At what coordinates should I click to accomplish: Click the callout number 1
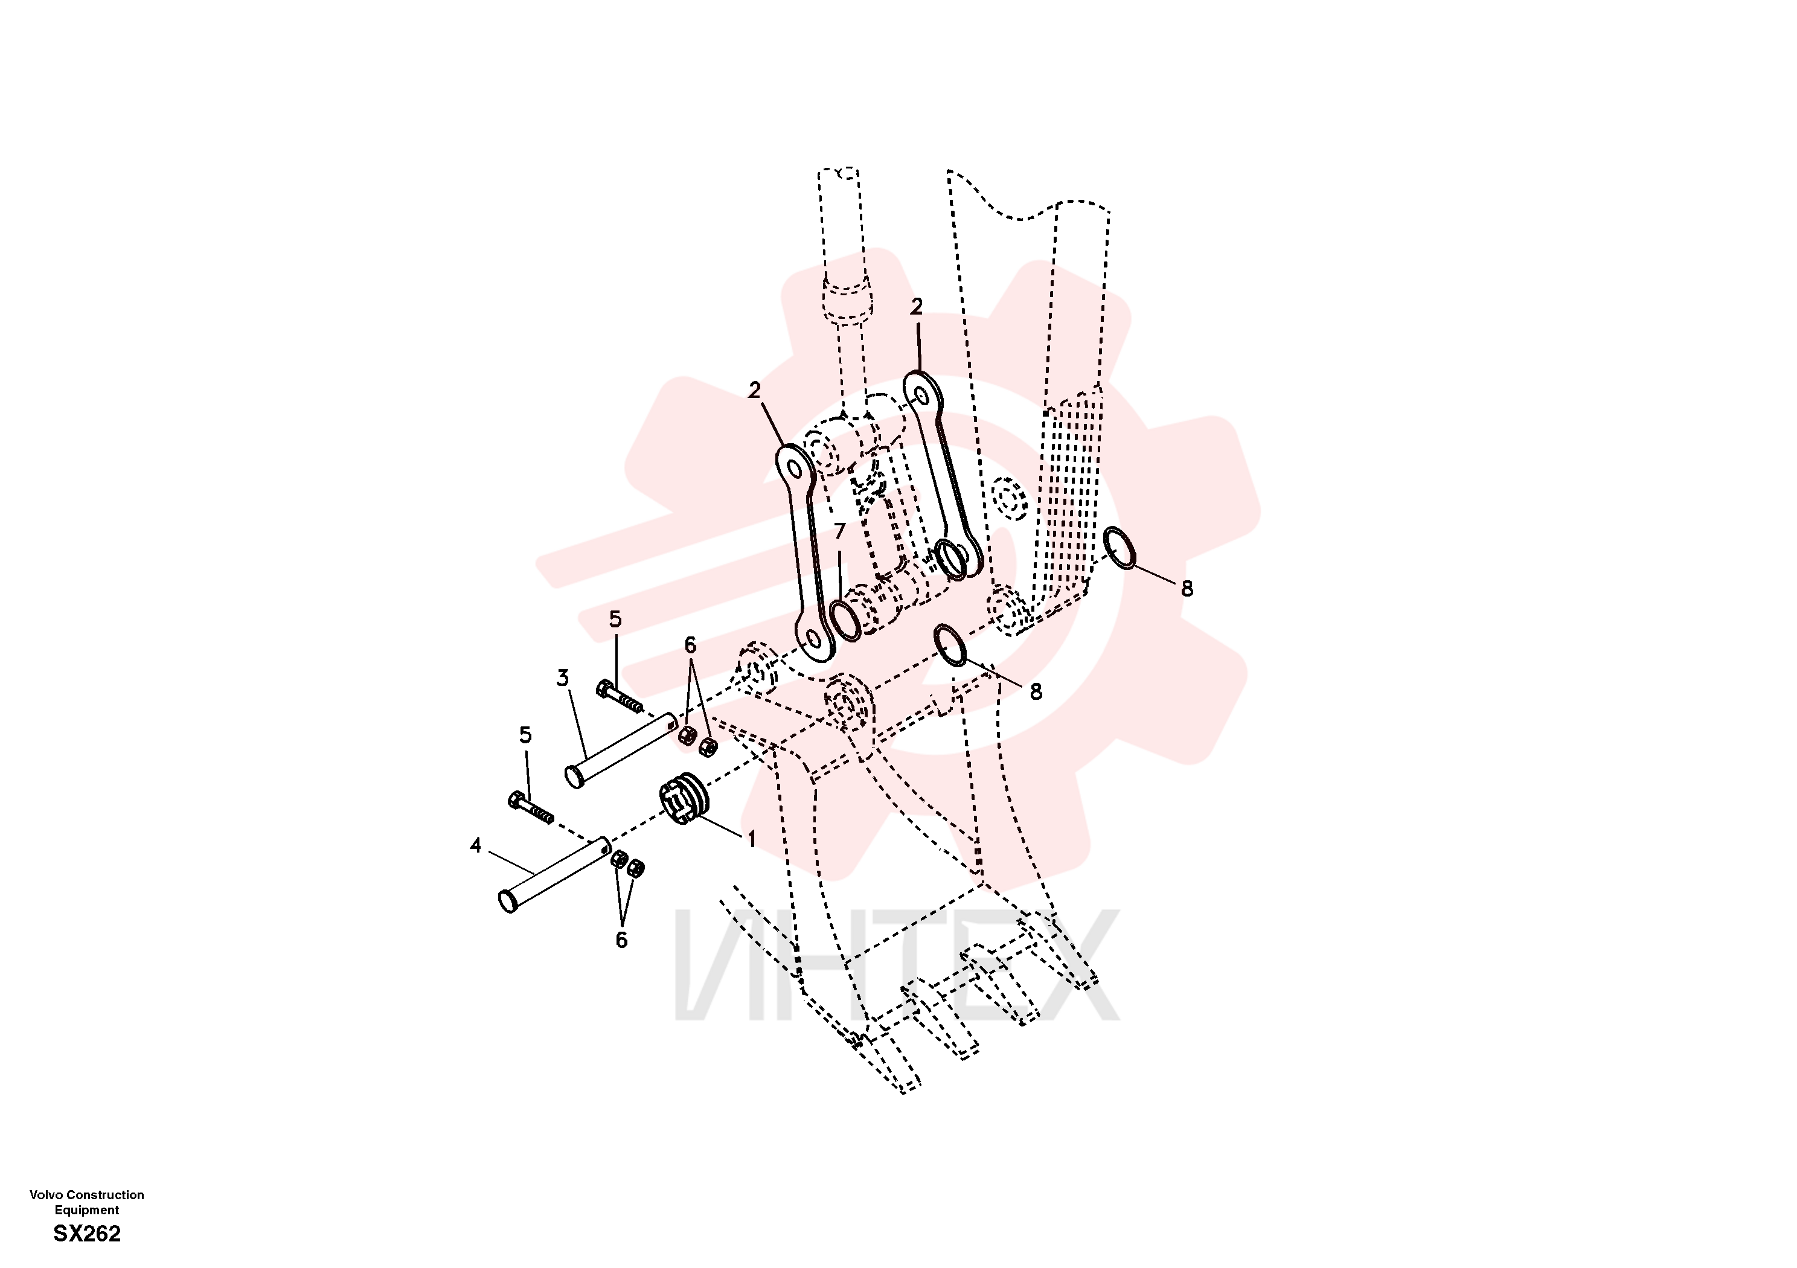pos(751,839)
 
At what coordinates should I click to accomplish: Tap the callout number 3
pos(562,678)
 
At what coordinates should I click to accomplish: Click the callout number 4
pos(475,845)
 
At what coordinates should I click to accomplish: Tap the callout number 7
pos(840,531)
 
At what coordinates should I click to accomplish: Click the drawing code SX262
pos(87,1234)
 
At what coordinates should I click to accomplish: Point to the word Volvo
pos(46,1194)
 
